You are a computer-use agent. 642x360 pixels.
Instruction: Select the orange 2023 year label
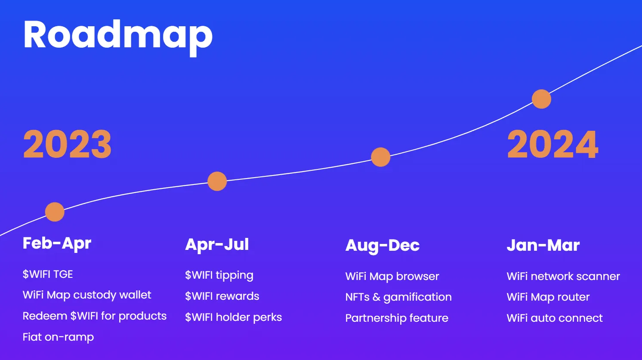[x=67, y=145]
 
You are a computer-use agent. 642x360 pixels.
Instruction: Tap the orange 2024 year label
[x=552, y=145]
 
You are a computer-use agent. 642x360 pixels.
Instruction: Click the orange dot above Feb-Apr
[x=55, y=212]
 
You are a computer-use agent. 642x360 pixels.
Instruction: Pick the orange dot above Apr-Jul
[x=217, y=181]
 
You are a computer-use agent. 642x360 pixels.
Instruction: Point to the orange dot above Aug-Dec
[x=380, y=157]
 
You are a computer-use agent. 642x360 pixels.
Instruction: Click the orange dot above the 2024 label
[x=541, y=99]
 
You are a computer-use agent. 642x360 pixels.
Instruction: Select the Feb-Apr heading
[x=57, y=243]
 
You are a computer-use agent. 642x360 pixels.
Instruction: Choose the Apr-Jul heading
[x=217, y=244]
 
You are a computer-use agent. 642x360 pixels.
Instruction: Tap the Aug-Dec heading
[x=382, y=245]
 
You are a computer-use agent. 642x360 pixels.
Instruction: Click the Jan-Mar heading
[x=543, y=245]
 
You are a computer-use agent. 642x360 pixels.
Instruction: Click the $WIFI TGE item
[x=48, y=274]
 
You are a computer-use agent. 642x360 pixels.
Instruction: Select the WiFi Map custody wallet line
[x=87, y=295]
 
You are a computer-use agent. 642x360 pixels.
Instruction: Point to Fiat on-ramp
[x=58, y=337]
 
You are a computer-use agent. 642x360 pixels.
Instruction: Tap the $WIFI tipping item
[x=219, y=275]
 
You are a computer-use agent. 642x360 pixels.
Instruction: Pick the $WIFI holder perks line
[x=233, y=317]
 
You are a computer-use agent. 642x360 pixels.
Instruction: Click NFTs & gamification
[x=398, y=297]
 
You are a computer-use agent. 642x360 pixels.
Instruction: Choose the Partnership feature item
[x=397, y=318]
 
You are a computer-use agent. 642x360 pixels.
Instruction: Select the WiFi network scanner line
[x=563, y=276]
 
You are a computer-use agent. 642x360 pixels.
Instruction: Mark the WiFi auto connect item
[x=555, y=318]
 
